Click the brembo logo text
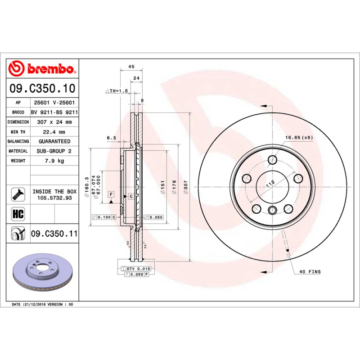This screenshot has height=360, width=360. pyautogui.click(x=49, y=68)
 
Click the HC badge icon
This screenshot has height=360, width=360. pyautogui.click(x=18, y=213)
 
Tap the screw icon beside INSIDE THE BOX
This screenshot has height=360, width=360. pyautogui.click(x=18, y=194)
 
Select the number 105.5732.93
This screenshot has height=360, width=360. pyautogui.click(x=54, y=198)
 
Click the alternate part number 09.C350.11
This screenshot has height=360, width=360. pyautogui.click(x=54, y=234)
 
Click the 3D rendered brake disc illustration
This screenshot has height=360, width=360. pyautogui.click(x=43, y=274)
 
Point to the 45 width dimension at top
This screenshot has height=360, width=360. pyautogui.click(x=131, y=67)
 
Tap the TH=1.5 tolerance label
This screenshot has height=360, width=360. pyautogui.click(x=117, y=91)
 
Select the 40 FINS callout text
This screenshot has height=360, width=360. pyautogui.click(x=310, y=272)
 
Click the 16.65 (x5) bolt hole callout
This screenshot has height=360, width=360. pyautogui.click(x=298, y=137)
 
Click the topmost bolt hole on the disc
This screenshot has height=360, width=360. pyautogui.click(x=273, y=160)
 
